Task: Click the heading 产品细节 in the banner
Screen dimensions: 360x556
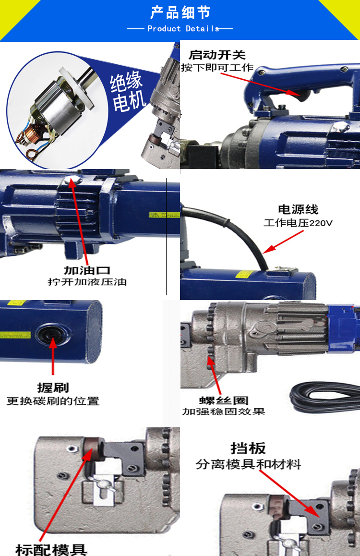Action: [x=180, y=13]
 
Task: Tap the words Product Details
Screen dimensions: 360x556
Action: [x=183, y=29]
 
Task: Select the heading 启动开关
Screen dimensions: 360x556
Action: [x=217, y=55]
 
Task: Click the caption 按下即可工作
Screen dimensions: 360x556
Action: [x=217, y=67]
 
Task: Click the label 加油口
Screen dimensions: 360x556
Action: [x=87, y=270]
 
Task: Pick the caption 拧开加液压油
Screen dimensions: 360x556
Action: [x=87, y=282]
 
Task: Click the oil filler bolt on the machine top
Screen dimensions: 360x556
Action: [x=72, y=181]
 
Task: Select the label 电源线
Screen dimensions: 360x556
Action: [x=298, y=209]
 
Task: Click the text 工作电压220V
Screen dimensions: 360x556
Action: [x=298, y=223]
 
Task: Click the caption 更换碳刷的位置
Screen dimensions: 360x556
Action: [x=53, y=401]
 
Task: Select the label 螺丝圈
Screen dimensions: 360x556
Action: [x=224, y=400]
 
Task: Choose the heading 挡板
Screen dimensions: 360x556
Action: [x=248, y=448]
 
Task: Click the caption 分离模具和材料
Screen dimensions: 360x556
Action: [x=248, y=464]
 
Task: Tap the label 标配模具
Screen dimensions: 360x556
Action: [x=51, y=550]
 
